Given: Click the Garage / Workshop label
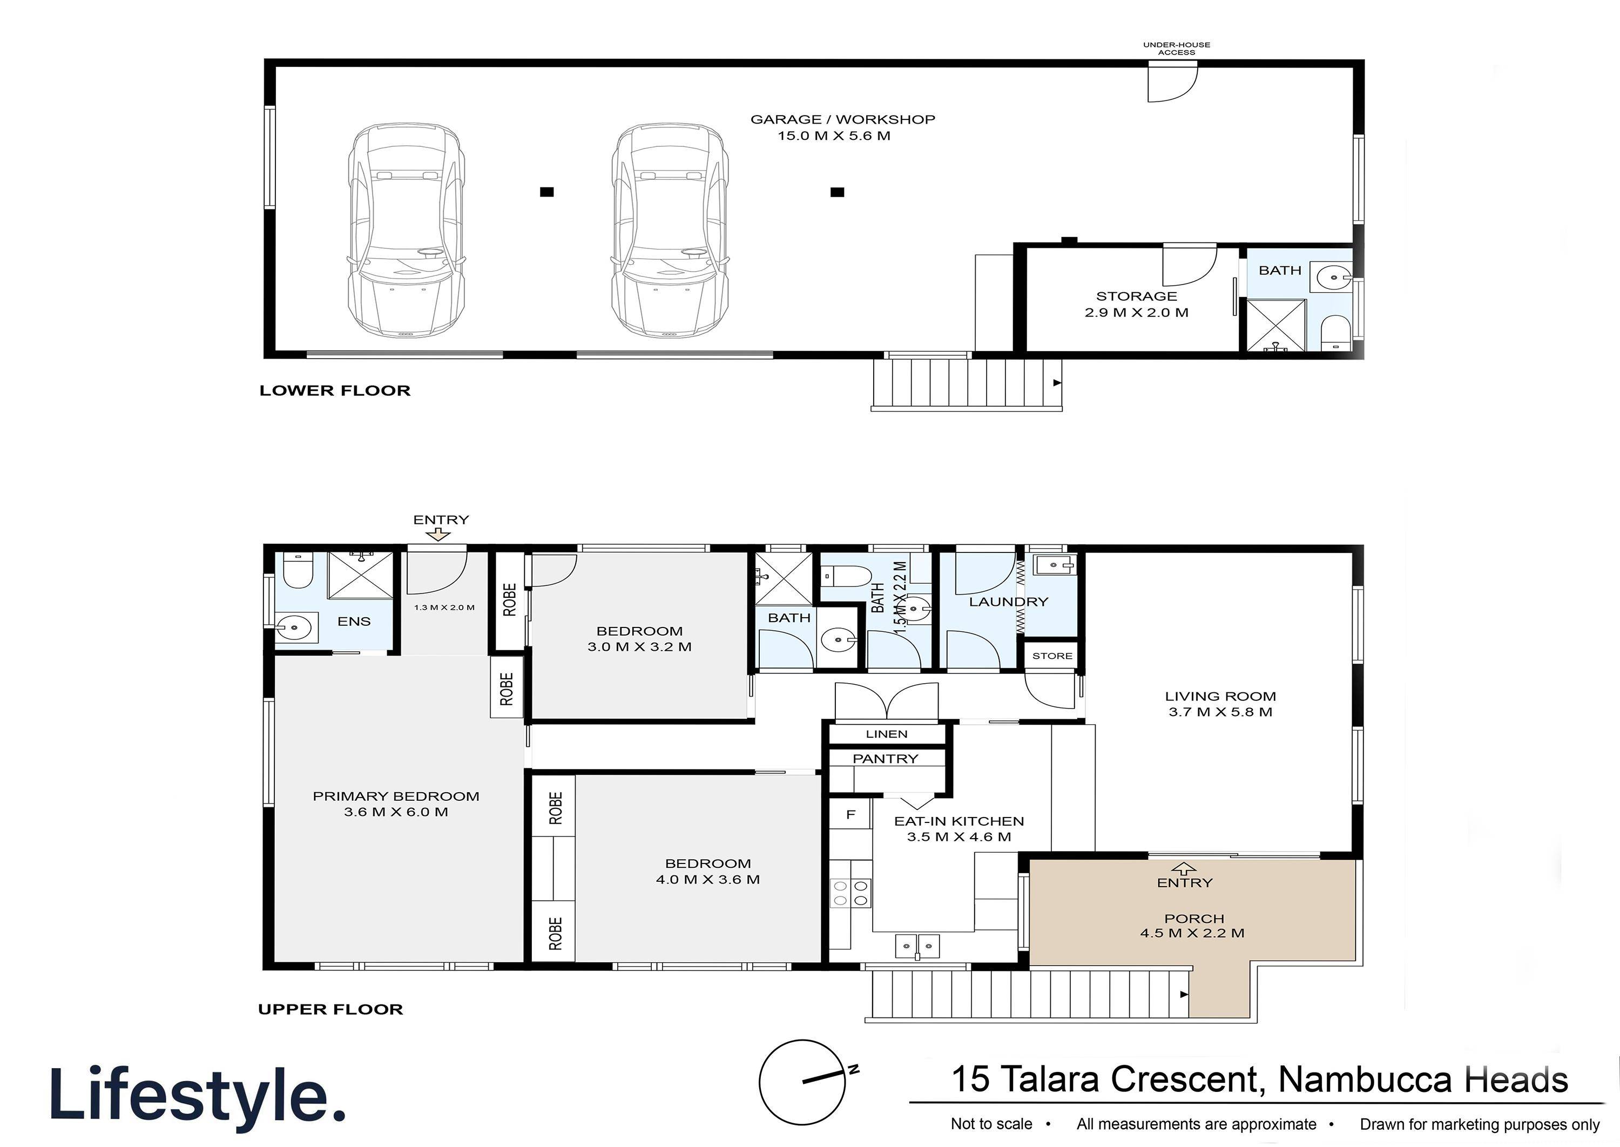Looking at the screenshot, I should coord(842,127).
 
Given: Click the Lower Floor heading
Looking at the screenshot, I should coord(335,390).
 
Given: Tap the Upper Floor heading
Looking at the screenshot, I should coord(330,1009).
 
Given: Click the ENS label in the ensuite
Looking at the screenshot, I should coord(354,622).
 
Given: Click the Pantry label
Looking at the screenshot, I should coord(885,759).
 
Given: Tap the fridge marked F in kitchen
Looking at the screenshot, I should coord(850,815).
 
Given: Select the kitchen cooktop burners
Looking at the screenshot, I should coord(850,893).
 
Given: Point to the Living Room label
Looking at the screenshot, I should coord(1220,704).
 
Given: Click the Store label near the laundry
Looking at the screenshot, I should coord(1051,656).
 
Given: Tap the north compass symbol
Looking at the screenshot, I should coord(802,1082).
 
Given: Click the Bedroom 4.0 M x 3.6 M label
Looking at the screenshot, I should coord(707,872).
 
